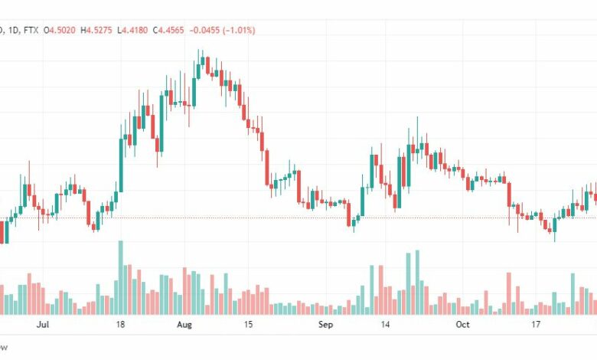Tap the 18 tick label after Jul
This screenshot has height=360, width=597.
(120, 325)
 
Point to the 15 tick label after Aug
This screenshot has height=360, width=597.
(248, 325)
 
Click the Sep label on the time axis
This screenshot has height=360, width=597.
(325, 325)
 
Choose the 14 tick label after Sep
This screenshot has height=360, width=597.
(385, 325)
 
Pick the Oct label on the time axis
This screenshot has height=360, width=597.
(462, 325)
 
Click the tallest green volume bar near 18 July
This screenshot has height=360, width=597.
(120, 277)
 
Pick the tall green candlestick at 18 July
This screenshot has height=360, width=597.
(121, 165)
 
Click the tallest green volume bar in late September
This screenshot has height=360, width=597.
(418, 281)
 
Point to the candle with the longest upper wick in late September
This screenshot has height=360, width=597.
(417, 138)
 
